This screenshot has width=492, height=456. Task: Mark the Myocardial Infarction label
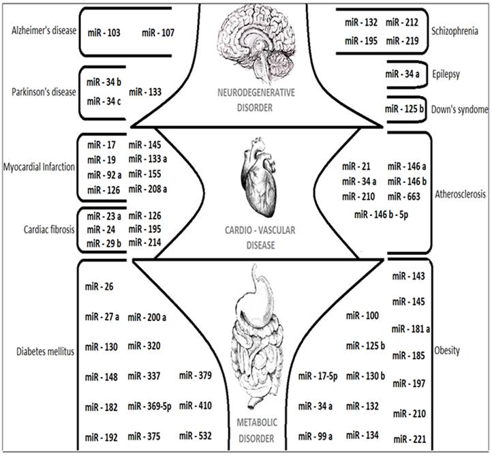tap(38, 167)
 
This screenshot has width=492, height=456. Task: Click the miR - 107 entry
tap(157, 32)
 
